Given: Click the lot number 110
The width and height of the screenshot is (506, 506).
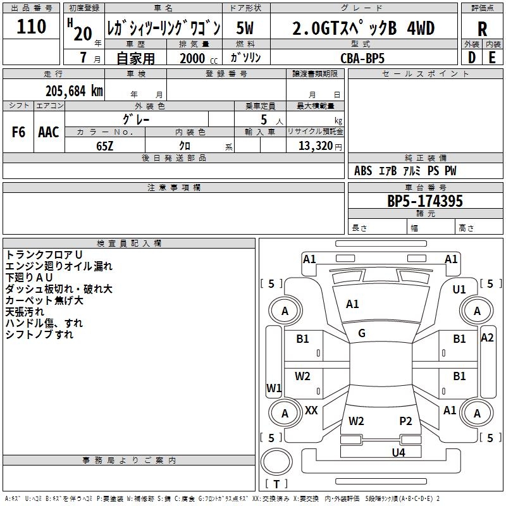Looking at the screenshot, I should point(32,27).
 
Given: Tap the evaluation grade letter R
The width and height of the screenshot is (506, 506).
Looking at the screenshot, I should point(482,28).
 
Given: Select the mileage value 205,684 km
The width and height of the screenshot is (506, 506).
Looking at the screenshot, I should point(74,90).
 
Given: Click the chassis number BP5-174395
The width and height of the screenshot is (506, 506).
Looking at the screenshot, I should point(425,201).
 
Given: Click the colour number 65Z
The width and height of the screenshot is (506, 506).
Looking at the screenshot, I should point(105,145).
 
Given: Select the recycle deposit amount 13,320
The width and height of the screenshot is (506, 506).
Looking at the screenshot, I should point(315,145).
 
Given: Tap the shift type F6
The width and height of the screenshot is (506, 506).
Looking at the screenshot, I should point(18,132).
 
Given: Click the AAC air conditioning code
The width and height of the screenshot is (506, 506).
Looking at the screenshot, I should point(49,132).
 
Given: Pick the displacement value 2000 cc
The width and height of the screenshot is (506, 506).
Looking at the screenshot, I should point(197,58).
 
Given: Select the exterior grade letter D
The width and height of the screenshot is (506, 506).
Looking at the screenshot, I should point(471,58).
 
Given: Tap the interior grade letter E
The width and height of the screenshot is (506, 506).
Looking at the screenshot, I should point(492,58).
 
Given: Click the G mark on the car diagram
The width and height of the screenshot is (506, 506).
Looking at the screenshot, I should point(362,333).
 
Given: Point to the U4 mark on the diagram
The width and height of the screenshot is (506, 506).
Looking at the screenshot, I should point(398,452).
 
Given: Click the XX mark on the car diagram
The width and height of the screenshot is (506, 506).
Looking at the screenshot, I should point(311,410).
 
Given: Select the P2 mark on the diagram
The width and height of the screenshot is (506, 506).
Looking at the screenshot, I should point(405,421).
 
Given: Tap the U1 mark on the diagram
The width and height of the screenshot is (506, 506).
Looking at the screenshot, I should point(459,290).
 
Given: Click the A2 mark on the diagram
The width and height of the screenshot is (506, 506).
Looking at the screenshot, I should point(487,338).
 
